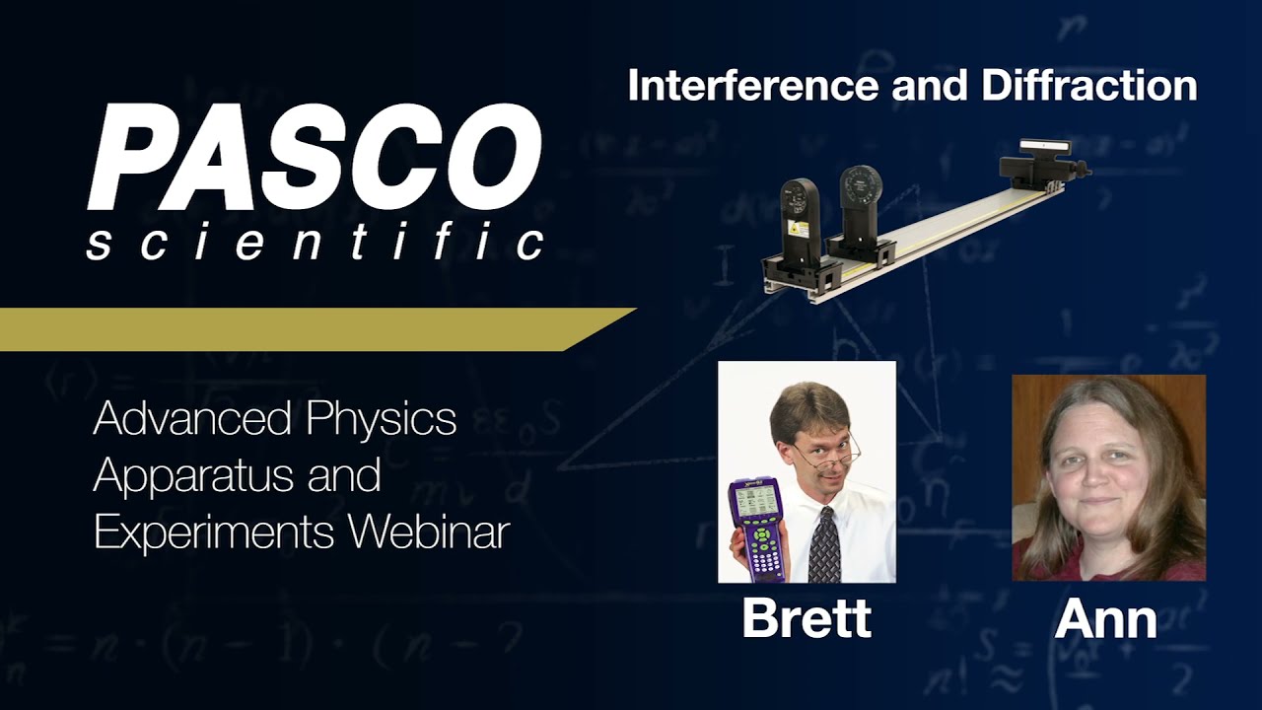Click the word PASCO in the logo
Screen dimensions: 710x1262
click(x=315, y=159)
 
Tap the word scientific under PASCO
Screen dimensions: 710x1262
click(x=315, y=242)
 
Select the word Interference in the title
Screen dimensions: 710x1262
click(x=753, y=86)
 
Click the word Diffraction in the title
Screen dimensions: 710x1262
click(x=1088, y=86)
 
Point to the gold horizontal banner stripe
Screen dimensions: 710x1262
click(x=296, y=328)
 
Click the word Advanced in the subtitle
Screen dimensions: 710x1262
click(x=194, y=419)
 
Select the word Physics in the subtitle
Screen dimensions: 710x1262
click(x=382, y=419)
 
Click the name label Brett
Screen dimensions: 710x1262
click(x=806, y=618)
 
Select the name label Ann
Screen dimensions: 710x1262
click(x=1105, y=618)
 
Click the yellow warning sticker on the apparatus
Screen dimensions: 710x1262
click(x=800, y=228)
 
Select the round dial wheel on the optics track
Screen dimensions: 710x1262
click(x=860, y=188)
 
